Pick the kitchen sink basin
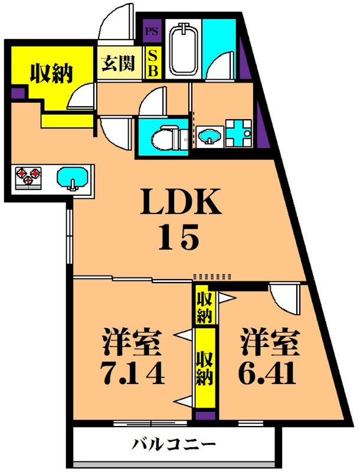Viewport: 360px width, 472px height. click(x=73, y=177)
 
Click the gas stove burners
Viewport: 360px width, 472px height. click(x=28, y=176)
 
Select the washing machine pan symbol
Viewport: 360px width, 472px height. click(x=239, y=132)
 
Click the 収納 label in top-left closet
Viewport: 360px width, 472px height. click(x=51, y=73)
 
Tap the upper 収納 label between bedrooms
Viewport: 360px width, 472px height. click(x=205, y=306)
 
